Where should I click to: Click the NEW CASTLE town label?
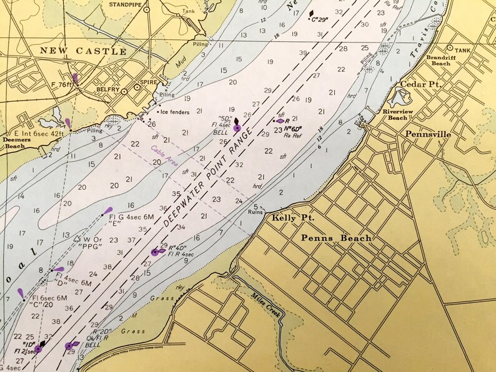83,51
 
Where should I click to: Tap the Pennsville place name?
428,134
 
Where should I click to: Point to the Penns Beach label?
336,238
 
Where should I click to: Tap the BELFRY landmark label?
107,90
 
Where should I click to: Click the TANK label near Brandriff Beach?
463,51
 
